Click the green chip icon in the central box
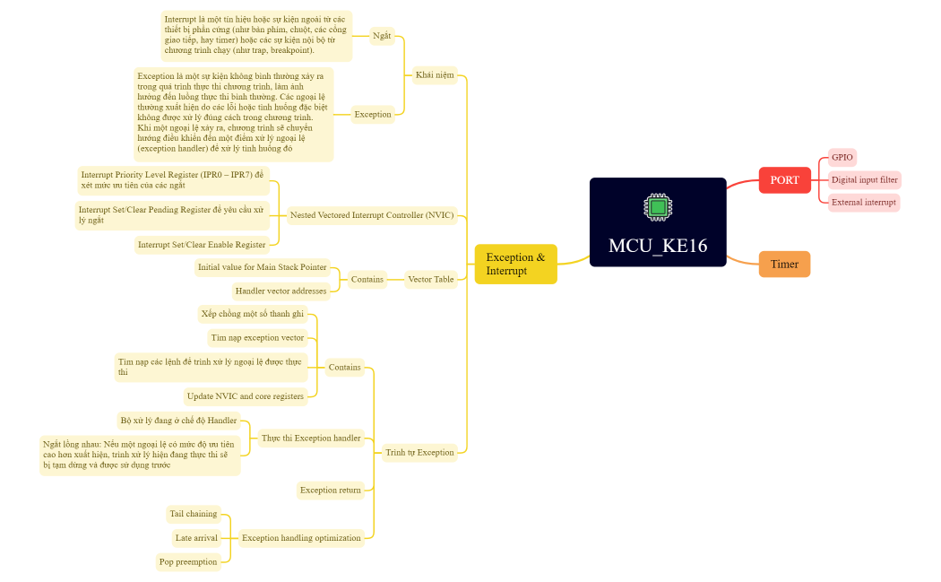658,207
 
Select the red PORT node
784,180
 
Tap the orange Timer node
784,265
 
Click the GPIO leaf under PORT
842,157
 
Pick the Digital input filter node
864,179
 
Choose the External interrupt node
863,203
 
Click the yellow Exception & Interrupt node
515,264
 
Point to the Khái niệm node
435,74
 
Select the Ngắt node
382,36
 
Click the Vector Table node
431,279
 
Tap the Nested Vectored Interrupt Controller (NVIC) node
372,215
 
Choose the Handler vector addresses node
281,291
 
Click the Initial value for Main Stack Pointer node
263,267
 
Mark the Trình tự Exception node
419,452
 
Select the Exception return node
331,490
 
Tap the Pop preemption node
188,562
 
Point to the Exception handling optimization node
301,538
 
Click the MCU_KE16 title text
658,246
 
